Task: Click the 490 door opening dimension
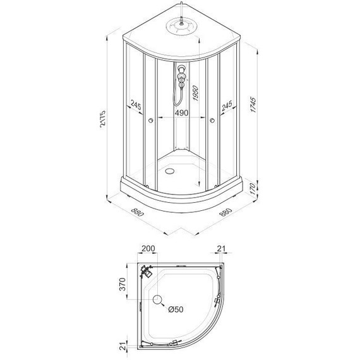click(x=181, y=112)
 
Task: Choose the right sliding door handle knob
click(x=212, y=121)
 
